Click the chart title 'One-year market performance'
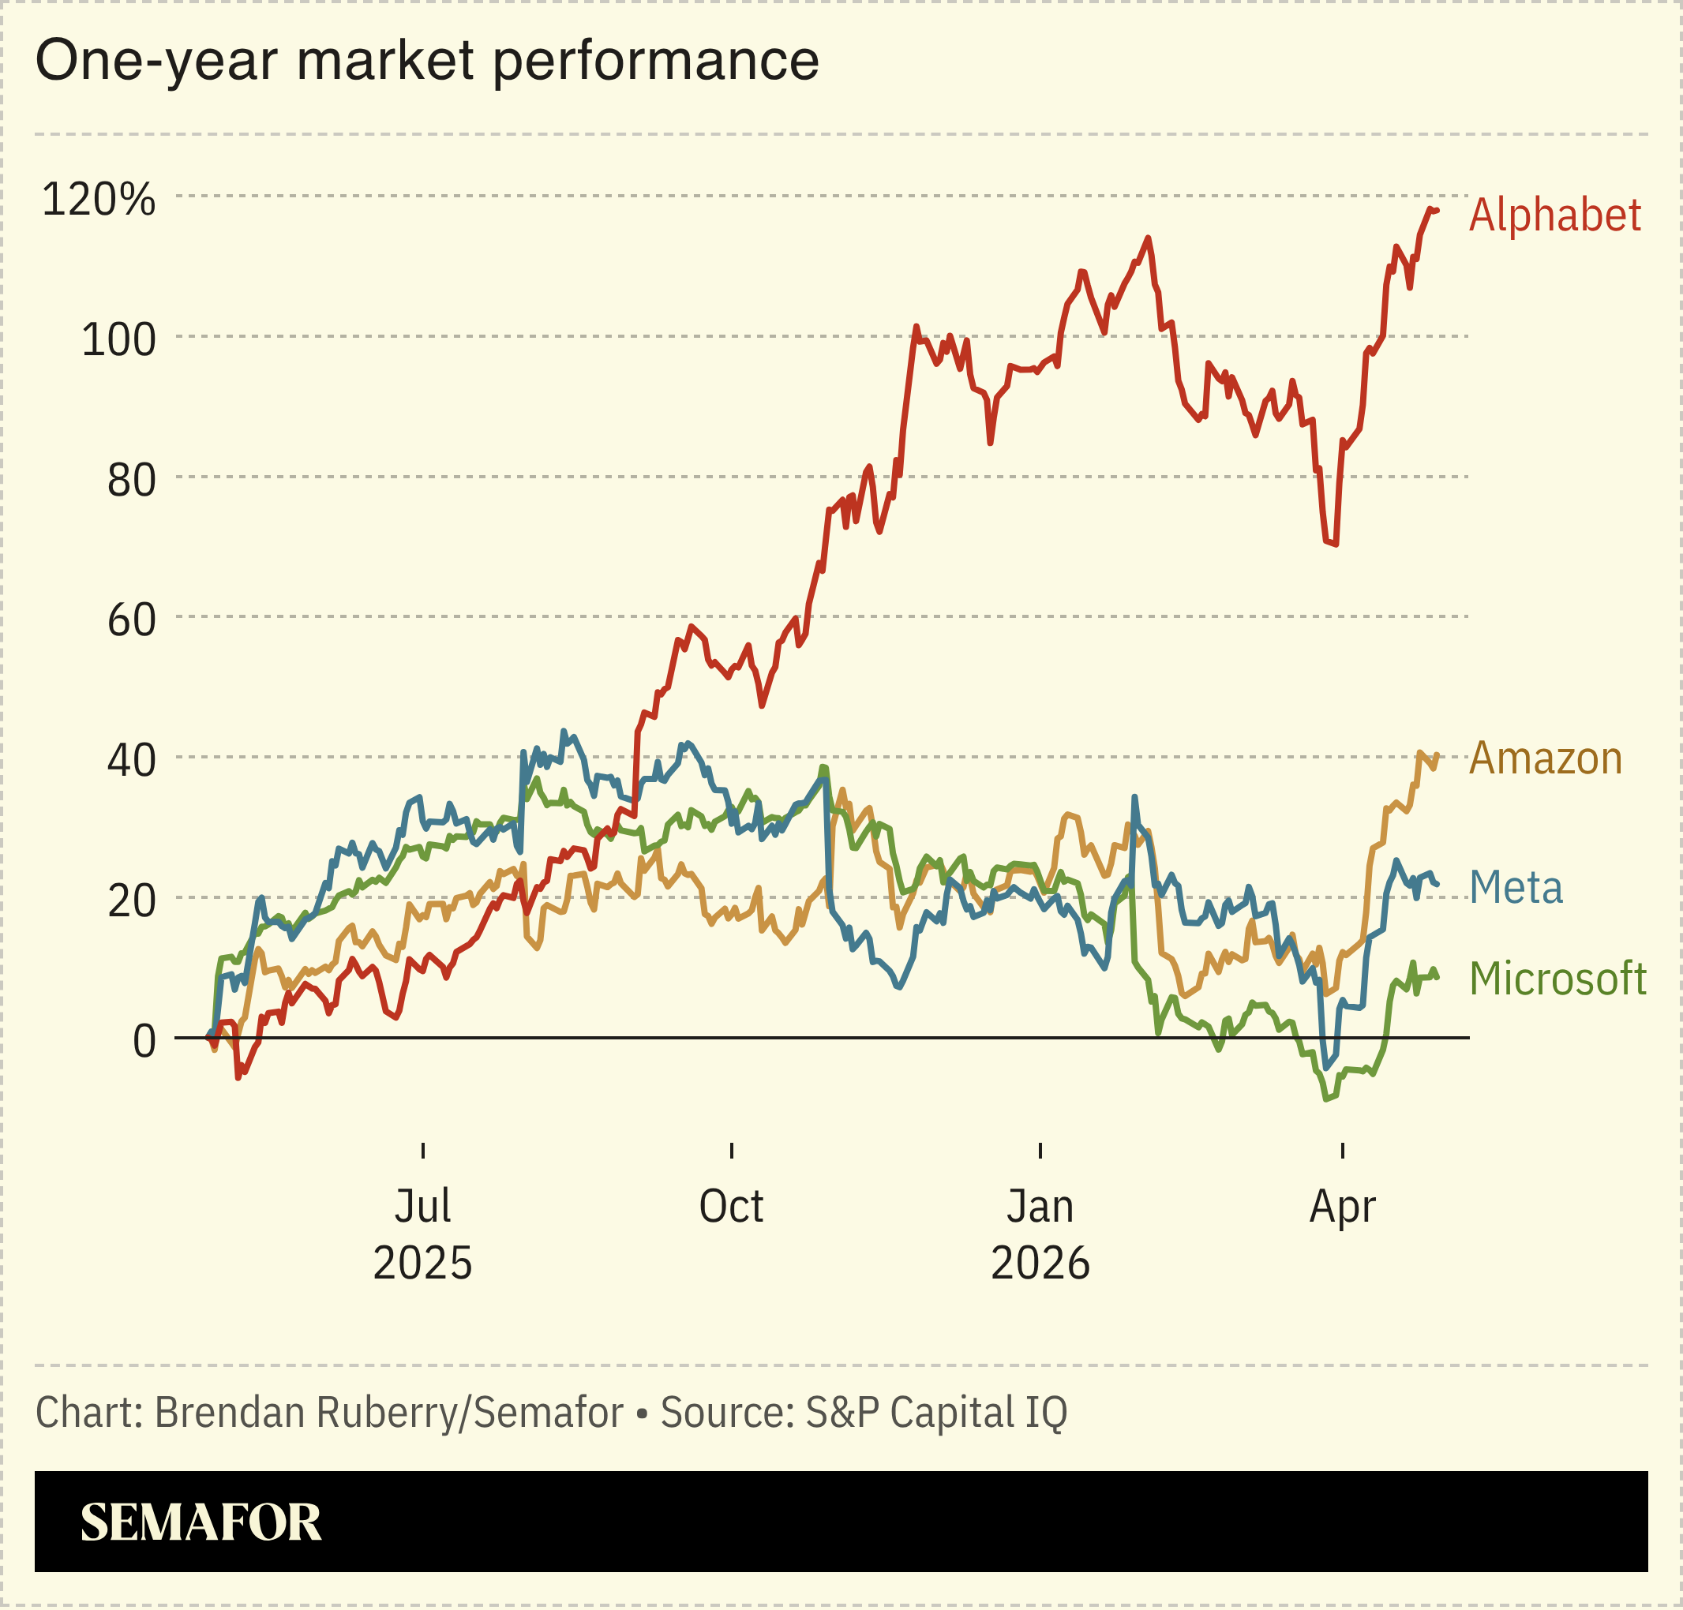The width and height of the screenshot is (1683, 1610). coord(426,61)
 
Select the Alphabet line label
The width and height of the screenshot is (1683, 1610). coord(1554,215)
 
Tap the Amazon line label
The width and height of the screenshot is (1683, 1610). coord(1545,758)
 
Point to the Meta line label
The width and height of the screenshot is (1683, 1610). coord(1516,887)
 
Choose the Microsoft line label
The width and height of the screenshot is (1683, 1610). coord(1557,979)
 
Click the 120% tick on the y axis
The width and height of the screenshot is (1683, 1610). coord(98,199)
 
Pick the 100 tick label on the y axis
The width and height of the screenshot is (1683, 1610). coord(118,340)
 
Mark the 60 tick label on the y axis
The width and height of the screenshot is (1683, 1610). coord(131,620)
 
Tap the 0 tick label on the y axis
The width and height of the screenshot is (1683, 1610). coord(144,1041)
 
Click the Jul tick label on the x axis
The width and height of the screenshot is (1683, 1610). coord(422,1206)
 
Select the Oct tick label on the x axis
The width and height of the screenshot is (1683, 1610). coord(730,1206)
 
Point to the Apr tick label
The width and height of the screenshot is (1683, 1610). coord(1342,1206)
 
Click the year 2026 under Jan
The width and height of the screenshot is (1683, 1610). coord(1040,1264)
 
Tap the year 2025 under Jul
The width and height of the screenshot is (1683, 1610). coord(422,1264)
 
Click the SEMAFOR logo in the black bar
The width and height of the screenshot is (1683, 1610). coord(200,1522)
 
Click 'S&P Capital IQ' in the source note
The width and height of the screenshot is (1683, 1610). coord(935,1412)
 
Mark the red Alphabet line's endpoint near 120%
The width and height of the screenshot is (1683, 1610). coord(1437,210)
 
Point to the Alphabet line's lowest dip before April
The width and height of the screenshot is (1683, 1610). coord(1336,543)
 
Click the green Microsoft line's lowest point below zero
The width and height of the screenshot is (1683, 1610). coord(1327,1099)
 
